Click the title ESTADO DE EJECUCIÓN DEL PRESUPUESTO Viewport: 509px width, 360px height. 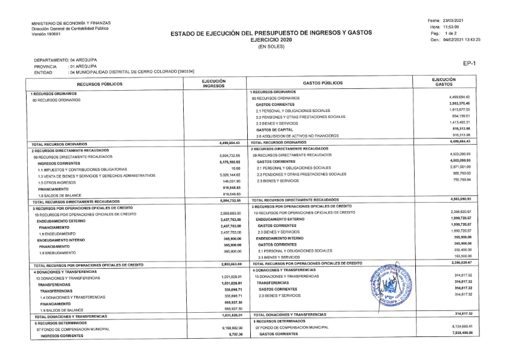(271, 33)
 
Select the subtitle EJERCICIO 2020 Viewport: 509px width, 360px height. (271, 39)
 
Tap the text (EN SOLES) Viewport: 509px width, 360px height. (271, 46)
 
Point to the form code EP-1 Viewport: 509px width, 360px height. (470, 63)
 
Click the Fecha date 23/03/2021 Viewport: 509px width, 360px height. (454, 21)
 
